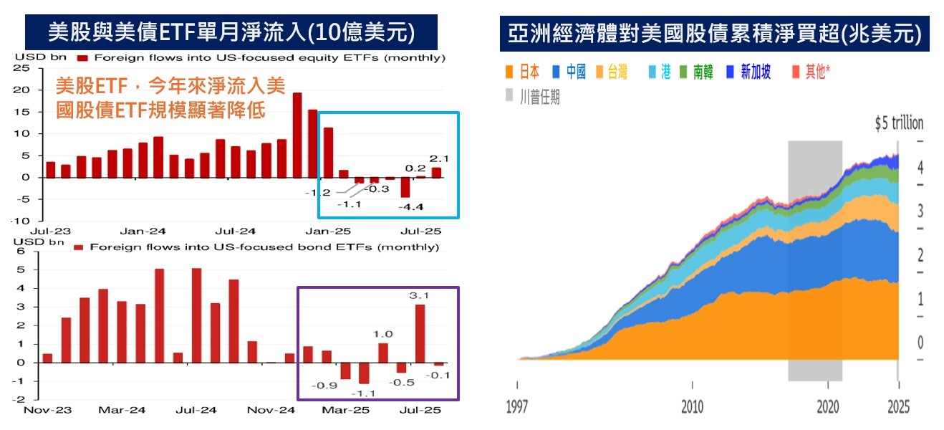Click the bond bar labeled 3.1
coord(420,335)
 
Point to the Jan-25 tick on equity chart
coord(328,231)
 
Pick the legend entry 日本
coord(523,72)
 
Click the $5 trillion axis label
coord(899,123)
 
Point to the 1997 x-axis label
coord(517,406)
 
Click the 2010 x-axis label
coord(692,406)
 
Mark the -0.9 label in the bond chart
coord(324,386)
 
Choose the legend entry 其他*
coord(811,72)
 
